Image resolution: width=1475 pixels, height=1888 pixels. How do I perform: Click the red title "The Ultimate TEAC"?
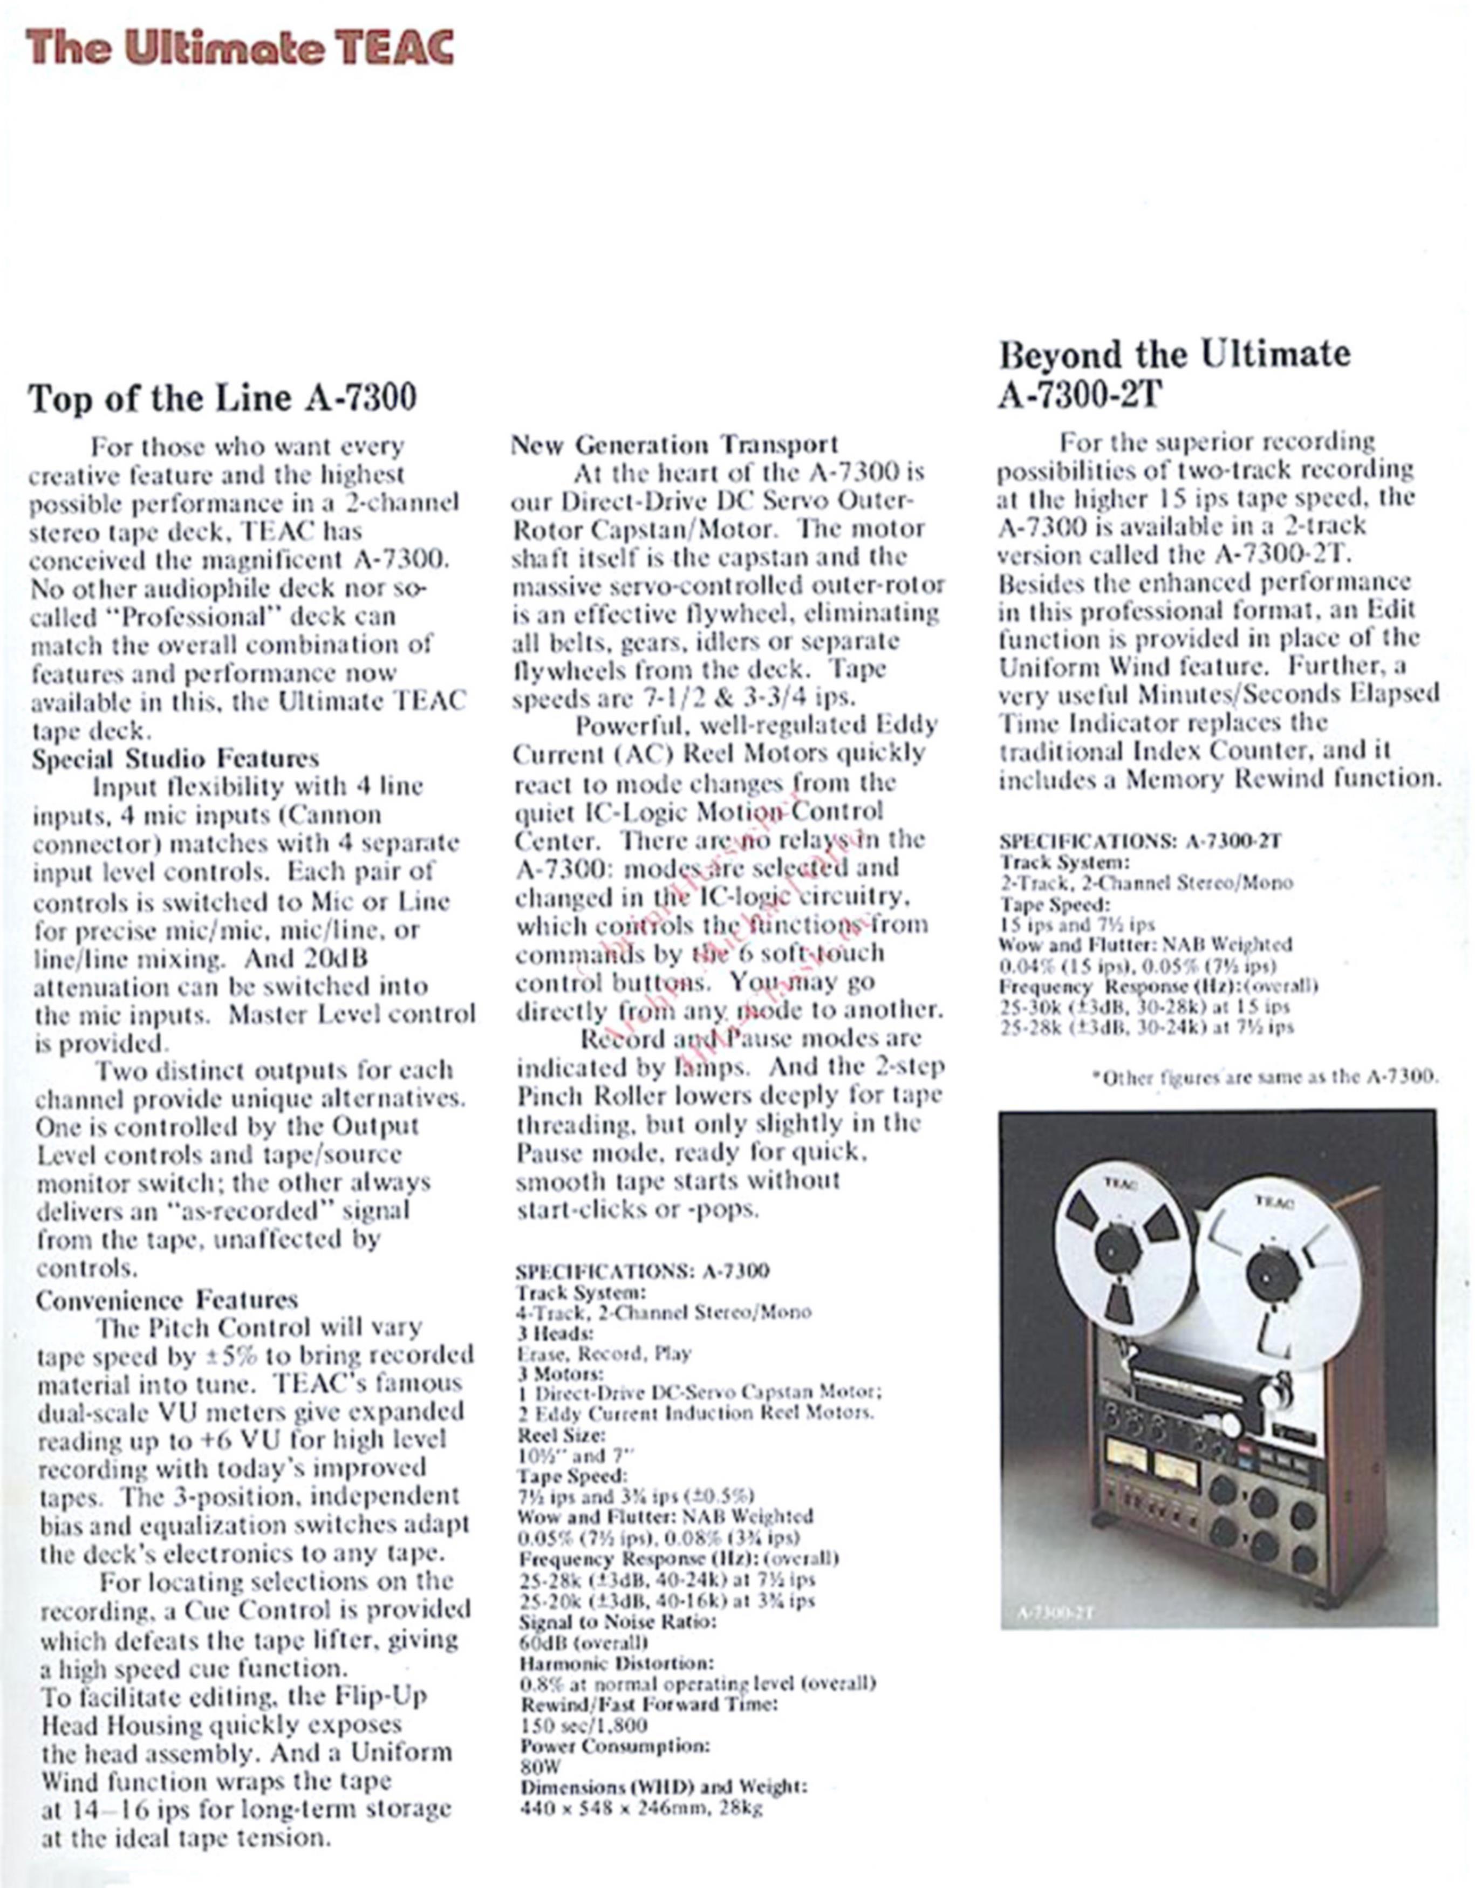coord(240,47)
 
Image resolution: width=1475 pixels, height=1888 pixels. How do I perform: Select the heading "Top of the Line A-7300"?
coord(222,398)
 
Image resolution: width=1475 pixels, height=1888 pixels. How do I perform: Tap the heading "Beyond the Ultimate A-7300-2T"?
coord(1173,373)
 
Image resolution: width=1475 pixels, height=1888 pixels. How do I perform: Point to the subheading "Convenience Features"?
coord(167,1299)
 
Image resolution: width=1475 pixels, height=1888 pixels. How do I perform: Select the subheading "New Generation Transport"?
coord(673,444)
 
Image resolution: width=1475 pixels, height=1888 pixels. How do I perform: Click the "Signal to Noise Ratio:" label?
coord(617,1622)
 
